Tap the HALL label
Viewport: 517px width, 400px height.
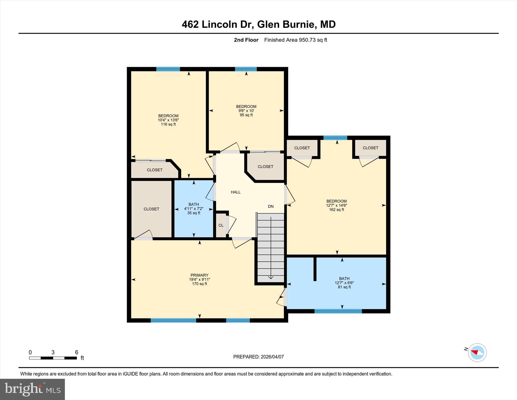(236, 192)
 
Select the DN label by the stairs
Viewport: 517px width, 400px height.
(271, 206)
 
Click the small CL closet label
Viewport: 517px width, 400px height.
(221, 225)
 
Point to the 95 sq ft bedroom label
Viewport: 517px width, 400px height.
(246, 111)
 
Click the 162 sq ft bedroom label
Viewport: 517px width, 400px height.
(336, 205)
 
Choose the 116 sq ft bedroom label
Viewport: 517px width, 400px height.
(168, 120)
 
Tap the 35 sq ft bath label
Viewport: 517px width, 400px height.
(194, 209)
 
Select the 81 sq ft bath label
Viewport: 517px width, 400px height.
(344, 283)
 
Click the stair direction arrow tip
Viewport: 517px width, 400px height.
(271, 278)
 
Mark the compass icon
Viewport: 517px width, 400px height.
(477, 352)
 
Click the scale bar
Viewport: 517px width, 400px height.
(53, 358)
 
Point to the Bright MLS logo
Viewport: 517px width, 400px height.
(32, 389)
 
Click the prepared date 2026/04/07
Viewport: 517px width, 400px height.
(258, 357)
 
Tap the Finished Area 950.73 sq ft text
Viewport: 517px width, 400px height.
(295, 40)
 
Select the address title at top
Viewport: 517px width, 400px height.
(258, 25)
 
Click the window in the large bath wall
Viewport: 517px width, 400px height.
(338, 311)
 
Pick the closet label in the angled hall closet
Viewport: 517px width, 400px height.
(265, 167)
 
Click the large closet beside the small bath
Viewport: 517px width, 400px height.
(151, 209)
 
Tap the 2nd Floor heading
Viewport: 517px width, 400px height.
(246, 40)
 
